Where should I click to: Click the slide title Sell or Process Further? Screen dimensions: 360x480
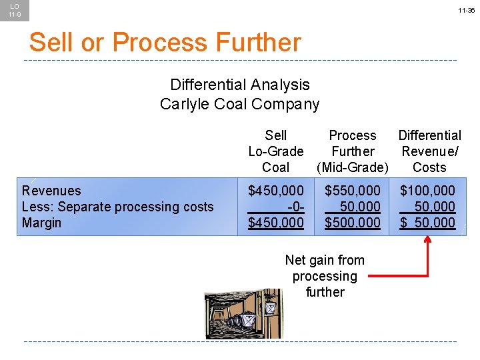(x=165, y=43)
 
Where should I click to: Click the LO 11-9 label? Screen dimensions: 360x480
(x=14, y=10)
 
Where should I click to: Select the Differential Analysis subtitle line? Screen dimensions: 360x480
(x=240, y=85)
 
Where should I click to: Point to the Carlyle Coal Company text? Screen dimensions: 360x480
(x=240, y=104)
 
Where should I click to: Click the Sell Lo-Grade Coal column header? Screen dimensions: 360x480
(x=275, y=151)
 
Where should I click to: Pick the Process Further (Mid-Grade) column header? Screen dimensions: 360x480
(x=353, y=151)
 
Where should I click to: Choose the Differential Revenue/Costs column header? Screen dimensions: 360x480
(x=429, y=151)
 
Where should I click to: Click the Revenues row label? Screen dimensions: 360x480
(x=51, y=191)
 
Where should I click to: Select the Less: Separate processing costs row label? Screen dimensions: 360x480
(x=118, y=207)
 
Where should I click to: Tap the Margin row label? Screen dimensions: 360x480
(x=41, y=223)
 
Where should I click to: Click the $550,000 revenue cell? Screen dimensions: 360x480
(x=353, y=191)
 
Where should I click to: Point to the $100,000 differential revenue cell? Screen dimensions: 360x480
(x=427, y=191)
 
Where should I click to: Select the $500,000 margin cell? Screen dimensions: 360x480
(x=353, y=223)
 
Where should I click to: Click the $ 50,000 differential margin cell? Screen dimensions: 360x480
(x=427, y=223)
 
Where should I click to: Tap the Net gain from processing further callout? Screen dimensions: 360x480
(x=325, y=276)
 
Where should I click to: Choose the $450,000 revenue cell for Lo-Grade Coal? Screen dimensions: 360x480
(x=275, y=191)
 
